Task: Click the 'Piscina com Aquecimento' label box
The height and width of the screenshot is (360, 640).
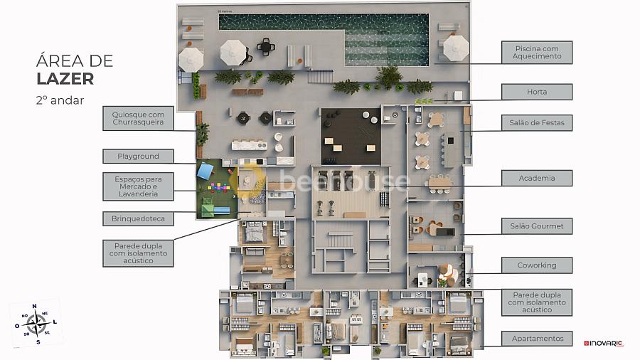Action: (x=537, y=53)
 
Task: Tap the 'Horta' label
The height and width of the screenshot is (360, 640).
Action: (x=537, y=92)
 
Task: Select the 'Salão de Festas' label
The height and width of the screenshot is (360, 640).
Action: (x=537, y=123)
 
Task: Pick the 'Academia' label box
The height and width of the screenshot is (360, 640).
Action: (x=537, y=178)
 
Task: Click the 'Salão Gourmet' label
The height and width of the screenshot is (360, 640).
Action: (x=537, y=226)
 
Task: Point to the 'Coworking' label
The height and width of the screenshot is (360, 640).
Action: (x=537, y=265)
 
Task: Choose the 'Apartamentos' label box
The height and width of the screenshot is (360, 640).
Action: (x=537, y=339)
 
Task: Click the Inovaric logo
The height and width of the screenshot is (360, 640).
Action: (x=603, y=344)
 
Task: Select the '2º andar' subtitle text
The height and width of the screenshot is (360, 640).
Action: (x=60, y=100)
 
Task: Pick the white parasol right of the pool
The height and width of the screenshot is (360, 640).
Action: (x=456, y=48)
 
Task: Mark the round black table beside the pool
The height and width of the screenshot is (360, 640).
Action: (x=267, y=47)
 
